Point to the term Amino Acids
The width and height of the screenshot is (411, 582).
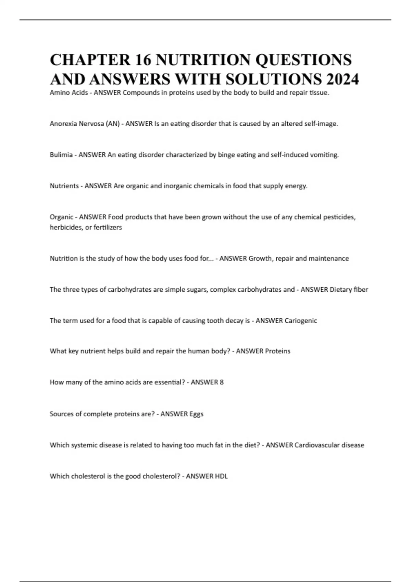(x=68, y=93)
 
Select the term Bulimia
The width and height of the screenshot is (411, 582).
(x=61, y=155)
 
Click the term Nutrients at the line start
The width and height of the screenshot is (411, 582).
(x=64, y=186)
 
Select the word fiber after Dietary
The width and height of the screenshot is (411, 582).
(x=361, y=290)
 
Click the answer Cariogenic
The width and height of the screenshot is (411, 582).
(x=301, y=321)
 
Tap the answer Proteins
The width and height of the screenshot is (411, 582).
(x=277, y=351)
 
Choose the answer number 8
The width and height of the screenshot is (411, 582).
(x=222, y=382)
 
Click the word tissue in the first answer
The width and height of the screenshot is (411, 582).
(x=319, y=93)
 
